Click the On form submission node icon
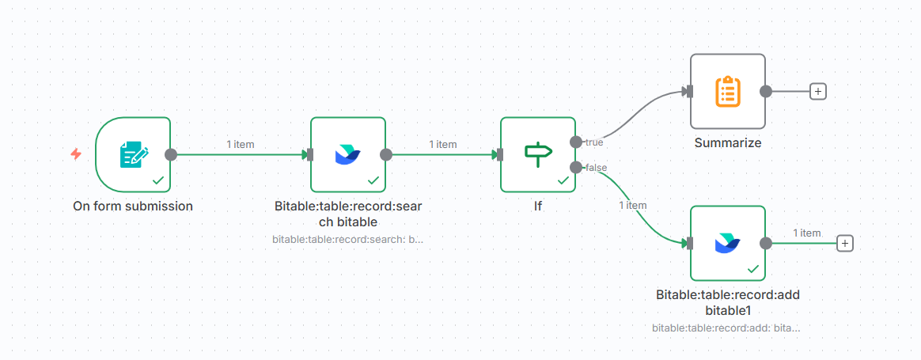[132, 154]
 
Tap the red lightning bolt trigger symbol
[76, 154]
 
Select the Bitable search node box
[347, 154]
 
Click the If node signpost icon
[537, 153]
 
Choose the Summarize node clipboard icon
[727, 91]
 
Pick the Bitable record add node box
[727, 243]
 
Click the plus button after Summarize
[818, 91]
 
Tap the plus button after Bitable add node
[845, 243]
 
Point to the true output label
[594, 142]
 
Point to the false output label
[596, 168]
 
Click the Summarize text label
[727, 143]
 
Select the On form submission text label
[133, 207]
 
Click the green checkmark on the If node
[563, 180]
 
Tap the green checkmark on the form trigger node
[158, 180]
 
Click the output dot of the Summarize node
[765, 91]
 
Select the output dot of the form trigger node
[170, 154]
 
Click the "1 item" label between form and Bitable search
[241, 144]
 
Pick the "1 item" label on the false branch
[632, 205]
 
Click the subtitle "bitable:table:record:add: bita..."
[726, 327]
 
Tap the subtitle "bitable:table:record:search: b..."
[347, 238]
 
